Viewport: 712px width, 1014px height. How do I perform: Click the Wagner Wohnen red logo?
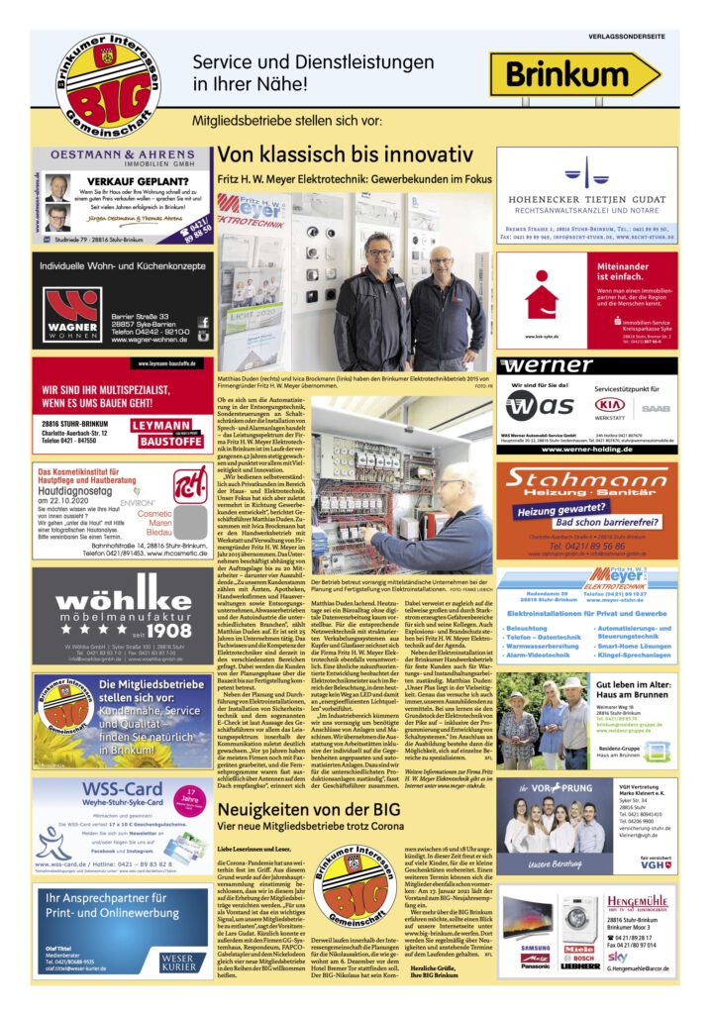click(x=71, y=314)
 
